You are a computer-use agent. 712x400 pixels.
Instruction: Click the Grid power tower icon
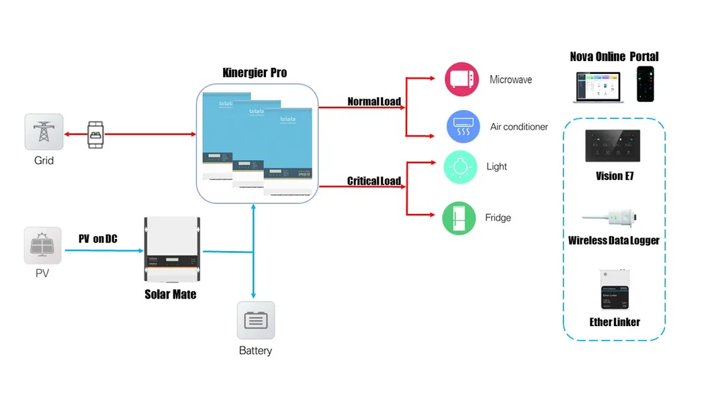point(44,132)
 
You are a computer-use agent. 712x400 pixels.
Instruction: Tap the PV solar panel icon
point(42,245)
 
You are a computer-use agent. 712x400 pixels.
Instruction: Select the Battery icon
point(256,320)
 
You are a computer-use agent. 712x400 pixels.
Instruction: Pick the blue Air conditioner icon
point(463,126)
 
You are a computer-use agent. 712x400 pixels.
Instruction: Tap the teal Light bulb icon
point(460,167)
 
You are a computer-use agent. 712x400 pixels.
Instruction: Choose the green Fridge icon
point(459,218)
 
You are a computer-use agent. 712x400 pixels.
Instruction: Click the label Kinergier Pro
point(255,72)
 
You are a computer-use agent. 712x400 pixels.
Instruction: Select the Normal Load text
point(373,102)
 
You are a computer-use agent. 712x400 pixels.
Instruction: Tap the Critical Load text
point(373,181)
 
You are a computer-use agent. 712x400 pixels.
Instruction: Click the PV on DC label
point(97,238)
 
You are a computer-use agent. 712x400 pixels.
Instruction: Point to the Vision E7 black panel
point(614,145)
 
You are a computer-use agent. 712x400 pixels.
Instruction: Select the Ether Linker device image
point(615,289)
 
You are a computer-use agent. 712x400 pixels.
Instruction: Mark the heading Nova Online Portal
point(614,56)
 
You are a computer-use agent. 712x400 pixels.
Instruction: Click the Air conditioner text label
point(519,127)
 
